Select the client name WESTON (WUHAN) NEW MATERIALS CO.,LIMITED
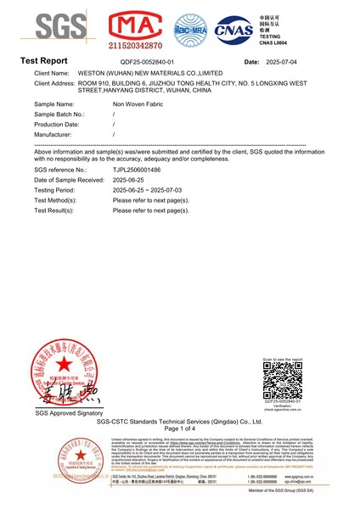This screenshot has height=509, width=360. point(145,74)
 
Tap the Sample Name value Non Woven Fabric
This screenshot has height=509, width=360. point(138,102)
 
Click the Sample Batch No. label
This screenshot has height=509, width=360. point(60,113)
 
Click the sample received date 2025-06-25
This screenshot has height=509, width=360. point(131,180)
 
